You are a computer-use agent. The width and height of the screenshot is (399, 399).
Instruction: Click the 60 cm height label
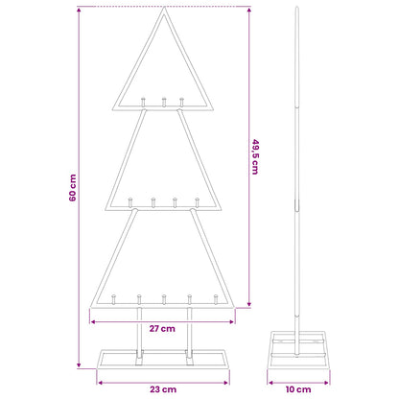[x=73, y=187]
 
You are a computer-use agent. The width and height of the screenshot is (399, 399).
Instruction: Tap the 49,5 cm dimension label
[x=255, y=156]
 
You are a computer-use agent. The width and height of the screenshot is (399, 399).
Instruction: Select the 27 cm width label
[x=162, y=329]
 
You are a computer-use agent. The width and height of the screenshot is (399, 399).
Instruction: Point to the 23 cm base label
[x=163, y=389]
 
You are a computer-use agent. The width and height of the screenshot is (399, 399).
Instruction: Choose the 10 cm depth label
[x=298, y=389]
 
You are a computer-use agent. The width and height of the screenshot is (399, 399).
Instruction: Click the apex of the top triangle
[x=164, y=8]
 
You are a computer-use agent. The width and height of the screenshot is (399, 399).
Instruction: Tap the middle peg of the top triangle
[x=164, y=102]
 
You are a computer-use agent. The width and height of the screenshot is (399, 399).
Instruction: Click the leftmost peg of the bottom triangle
[x=113, y=299]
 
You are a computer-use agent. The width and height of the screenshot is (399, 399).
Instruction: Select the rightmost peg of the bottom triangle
[x=216, y=299]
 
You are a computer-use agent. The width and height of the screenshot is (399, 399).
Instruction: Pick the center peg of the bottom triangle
[x=164, y=299]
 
